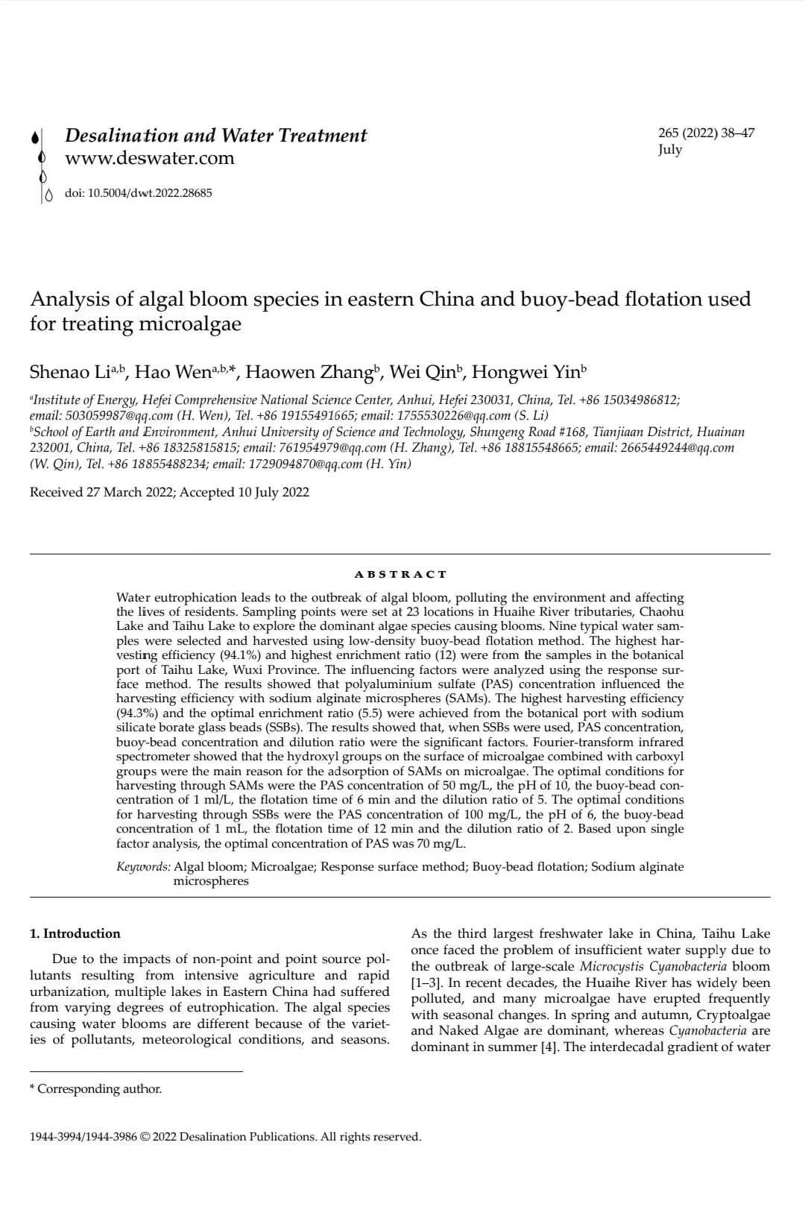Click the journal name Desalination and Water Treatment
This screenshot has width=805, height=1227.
tap(215, 136)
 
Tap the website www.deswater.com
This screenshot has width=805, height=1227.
tap(149, 158)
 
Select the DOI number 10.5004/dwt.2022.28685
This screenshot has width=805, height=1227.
tap(150, 193)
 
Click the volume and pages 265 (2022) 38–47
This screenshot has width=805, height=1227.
tap(706, 133)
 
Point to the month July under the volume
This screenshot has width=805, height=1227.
tap(669, 149)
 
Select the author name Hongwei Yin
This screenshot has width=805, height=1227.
tap(525, 372)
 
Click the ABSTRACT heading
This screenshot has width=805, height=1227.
tap(400, 575)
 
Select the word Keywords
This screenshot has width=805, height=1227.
tap(143, 867)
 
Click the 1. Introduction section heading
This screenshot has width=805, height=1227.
tap(75, 934)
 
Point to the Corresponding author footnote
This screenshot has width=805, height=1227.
tap(99, 1089)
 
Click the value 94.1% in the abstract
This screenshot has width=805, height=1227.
tap(239, 655)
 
